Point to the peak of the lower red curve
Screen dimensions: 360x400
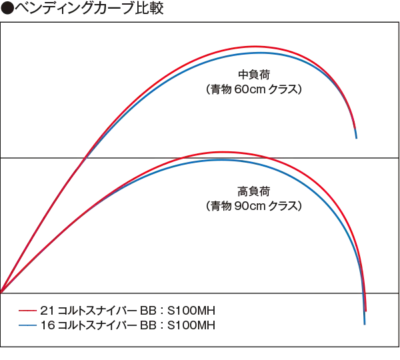coord(220,153)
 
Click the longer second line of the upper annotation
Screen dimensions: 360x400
coord(252,87)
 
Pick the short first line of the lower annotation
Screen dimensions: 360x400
coord(251,192)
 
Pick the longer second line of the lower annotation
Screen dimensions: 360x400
coord(252,205)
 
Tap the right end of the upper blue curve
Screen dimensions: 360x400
coord(359,139)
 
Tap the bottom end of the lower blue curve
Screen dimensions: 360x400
coord(365,323)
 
